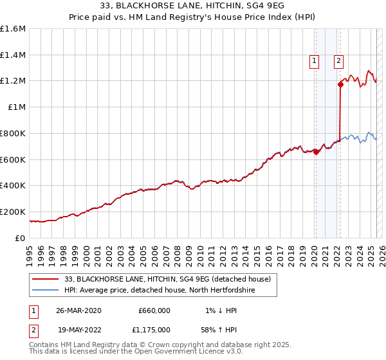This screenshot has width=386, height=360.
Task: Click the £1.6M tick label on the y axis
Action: coord(13,29)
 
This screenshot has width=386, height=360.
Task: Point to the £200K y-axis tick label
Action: coord(13,212)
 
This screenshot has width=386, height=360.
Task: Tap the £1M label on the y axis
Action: coord(17,107)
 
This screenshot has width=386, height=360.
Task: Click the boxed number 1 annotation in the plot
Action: coord(315,62)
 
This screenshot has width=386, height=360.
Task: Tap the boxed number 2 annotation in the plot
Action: coord(338,62)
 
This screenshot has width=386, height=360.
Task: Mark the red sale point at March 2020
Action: coord(316,152)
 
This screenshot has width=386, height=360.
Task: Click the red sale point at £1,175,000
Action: coord(340,84)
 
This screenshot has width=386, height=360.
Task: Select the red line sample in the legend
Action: coord(44,279)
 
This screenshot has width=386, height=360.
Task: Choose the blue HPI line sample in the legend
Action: coord(44,290)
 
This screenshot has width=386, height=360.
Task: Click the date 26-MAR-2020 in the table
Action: coord(78,310)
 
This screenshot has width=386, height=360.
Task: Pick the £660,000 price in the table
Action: coord(154,310)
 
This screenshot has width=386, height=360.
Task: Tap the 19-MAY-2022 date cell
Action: coord(78,329)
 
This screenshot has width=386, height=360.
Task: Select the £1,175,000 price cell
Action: coord(152,329)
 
